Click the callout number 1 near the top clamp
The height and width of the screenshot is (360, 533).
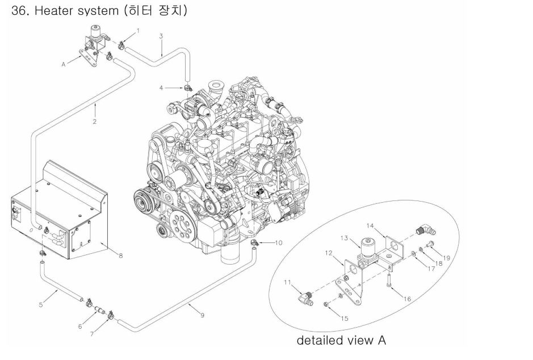coord(138,29)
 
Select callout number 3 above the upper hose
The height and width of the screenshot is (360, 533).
coord(161,36)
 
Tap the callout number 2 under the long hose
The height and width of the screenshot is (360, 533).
coord(95,121)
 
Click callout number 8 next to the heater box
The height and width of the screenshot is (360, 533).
coord(120,256)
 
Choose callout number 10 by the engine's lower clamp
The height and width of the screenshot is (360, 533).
coord(278,243)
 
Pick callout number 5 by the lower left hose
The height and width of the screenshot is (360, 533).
coord(41,305)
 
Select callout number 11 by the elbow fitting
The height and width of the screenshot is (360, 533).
coord(287,282)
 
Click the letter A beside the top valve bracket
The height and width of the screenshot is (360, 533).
coord(64,65)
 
